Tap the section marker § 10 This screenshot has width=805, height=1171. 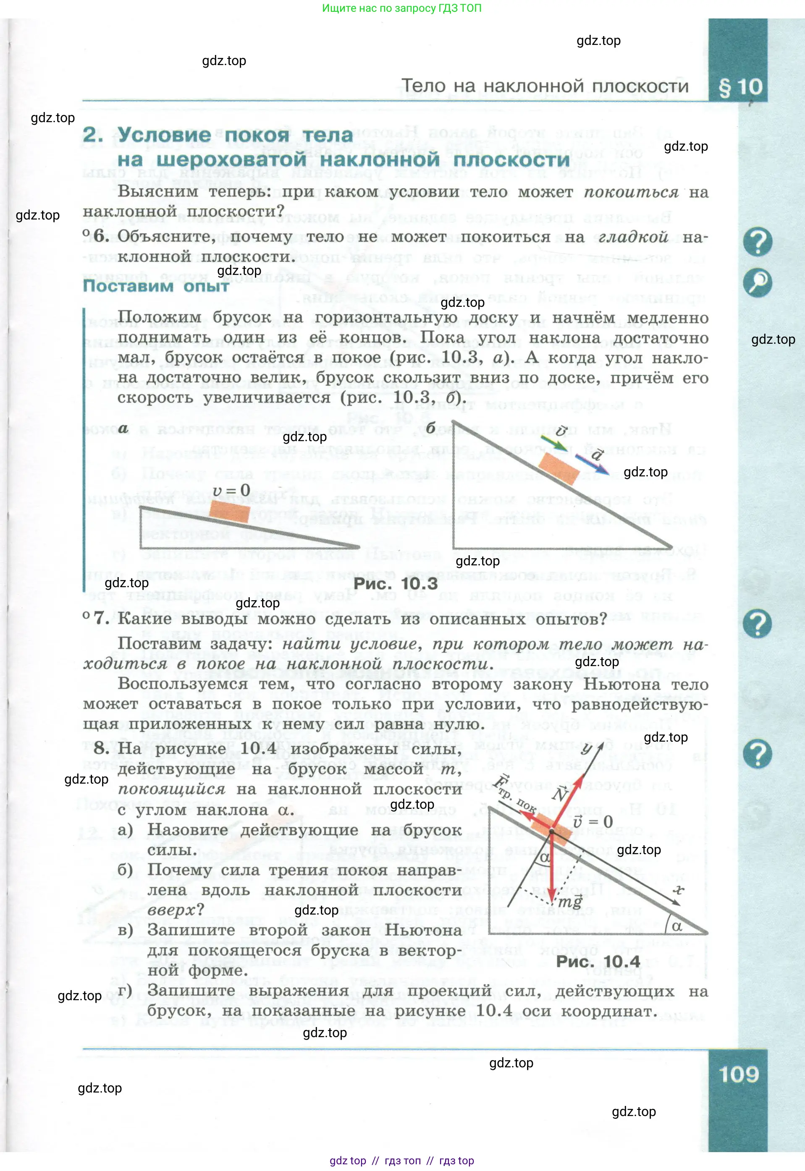(x=740, y=87)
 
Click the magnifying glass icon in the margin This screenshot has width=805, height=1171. (x=757, y=282)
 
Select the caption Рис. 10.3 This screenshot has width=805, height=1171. (x=396, y=584)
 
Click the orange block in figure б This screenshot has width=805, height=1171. (x=559, y=468)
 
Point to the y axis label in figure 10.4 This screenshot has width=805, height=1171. (x=587, y=748)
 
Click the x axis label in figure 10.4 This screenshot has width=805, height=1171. (x=679, y=890)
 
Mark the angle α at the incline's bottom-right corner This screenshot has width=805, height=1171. (x=677, y=926)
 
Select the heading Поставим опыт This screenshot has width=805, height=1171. (x=156, y=286)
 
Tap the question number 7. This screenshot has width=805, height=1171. (x=101, y=619)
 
